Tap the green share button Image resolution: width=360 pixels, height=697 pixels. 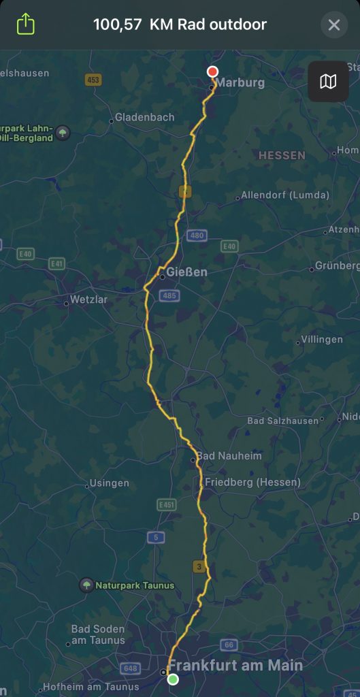click(25, 25)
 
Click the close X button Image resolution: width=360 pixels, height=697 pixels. click(333, 25)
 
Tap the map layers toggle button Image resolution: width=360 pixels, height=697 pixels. click(328, 82)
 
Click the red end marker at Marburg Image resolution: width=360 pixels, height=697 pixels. click(212, 71)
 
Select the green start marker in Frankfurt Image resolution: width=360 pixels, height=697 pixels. click(173, 679)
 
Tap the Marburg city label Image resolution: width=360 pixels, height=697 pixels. click(241, 83)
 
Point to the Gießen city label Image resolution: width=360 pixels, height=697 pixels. click(186, 272)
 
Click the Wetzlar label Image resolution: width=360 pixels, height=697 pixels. click(89, 299)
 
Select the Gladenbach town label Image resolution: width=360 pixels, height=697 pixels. click(144, 117)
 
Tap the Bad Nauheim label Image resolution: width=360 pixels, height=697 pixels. click(229, 456)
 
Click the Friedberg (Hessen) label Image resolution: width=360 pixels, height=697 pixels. click(252, 482)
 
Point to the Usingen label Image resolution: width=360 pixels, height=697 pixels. click(109, 483)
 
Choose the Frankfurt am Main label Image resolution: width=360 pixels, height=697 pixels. click(235, 665)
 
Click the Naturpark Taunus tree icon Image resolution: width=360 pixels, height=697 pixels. click(86, 585)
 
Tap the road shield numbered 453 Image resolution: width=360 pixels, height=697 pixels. click(93, 80)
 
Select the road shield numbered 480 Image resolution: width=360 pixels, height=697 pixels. click(197, 236)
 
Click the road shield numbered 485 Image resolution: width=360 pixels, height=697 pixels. click(169, 295)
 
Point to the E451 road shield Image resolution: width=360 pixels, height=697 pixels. click(166, 505)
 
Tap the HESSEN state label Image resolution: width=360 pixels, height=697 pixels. click(282, 155)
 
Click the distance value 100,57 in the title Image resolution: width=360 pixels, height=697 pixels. click(117, 25)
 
